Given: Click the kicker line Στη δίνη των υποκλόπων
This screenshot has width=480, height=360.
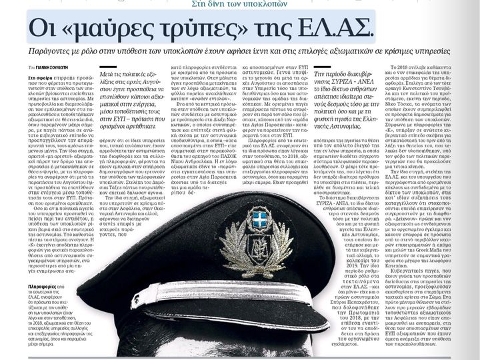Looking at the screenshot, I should [239, 3].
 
